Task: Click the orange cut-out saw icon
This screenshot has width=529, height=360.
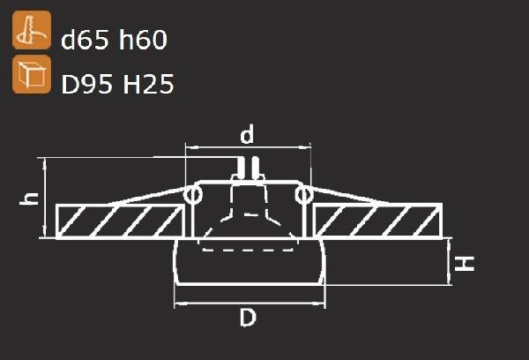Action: [32, 30]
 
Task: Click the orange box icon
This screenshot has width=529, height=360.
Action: [32, 74]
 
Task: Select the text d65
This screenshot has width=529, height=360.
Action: [86, 39]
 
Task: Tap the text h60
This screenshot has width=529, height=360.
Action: [143, 39]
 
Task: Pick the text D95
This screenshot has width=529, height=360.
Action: [86, 84]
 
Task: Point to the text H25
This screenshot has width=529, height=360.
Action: [148, 84]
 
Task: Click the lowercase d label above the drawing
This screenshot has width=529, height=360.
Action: [247, 134]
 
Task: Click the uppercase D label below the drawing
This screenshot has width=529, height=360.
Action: [248, 318]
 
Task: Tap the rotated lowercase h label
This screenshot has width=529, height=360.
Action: [29, 199]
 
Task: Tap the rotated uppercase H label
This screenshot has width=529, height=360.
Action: [465, 264]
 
